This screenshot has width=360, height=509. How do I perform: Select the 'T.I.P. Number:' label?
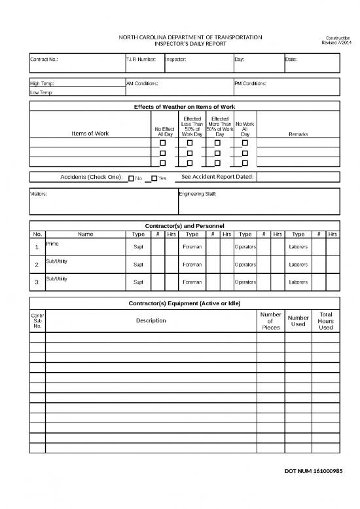click(x=141, y=60)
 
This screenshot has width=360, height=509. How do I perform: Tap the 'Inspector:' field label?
click(x=175, y=60)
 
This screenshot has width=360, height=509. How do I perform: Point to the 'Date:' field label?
click(x=291, y=60)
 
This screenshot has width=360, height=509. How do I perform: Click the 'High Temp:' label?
click(x=43, y=84)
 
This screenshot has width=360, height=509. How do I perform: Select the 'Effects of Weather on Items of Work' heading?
click(x=184, y=106)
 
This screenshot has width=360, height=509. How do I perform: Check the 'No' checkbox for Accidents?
click(x=131, y=178)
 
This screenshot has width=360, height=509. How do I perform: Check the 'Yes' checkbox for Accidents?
click(x=154, y=178)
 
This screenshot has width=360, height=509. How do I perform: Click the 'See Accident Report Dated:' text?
click(x=217, y=177)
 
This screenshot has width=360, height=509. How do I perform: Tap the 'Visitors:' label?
click(x=39, y=195)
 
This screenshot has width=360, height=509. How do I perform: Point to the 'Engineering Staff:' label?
click(x=197, y=195)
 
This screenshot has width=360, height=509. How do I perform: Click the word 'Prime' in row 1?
click(x=52, y=244)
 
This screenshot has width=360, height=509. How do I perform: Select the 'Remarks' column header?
click(x=298, y=134)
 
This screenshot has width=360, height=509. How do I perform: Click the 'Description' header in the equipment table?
click(x=151, y=320)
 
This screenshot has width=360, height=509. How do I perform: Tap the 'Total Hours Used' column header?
click(x=325, y=321)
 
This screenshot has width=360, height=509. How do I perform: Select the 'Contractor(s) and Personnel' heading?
click(x=184, y=226)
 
